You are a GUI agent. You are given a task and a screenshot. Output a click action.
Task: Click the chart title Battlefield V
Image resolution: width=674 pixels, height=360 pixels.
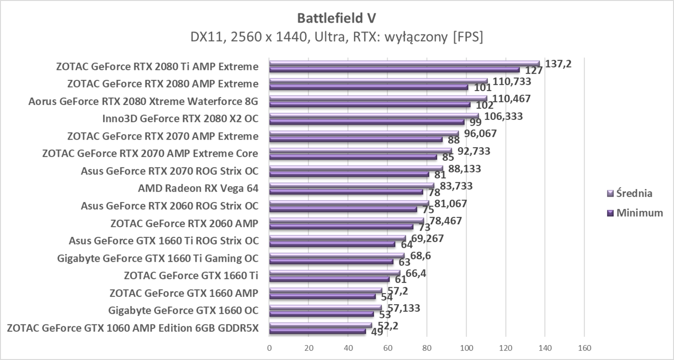(x=337, y=18)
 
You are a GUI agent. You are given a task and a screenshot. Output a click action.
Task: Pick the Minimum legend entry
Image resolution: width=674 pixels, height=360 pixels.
(x=635, y=213)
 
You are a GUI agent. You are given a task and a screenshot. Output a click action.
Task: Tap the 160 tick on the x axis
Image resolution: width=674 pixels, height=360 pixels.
(x=584, y=347)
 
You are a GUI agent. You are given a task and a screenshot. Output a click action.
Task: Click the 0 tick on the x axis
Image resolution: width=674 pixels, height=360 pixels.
(x=269, y=347)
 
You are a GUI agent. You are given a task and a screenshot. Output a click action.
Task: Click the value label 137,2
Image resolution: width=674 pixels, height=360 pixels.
(x=558, y=64)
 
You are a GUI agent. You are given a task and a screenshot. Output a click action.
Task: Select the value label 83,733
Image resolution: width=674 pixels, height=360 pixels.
(x=454, y=186)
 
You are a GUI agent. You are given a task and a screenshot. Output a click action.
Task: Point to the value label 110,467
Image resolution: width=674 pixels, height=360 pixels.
(x=511, y=98)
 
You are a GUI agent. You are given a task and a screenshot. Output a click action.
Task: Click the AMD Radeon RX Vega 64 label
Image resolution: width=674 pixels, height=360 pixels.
(x=198, y=189)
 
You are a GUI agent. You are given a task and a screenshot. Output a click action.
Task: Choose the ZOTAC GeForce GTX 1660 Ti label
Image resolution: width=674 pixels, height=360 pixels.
(x=191, y=275)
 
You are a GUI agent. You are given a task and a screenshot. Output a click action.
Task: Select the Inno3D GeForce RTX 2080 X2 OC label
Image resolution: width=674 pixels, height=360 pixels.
(x=180, y=119)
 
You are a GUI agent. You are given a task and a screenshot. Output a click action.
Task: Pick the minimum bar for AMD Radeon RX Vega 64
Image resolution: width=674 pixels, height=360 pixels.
(x=346, y=192)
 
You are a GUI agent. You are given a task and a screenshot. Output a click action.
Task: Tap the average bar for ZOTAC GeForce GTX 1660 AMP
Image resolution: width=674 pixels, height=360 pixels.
(x=325, y=290)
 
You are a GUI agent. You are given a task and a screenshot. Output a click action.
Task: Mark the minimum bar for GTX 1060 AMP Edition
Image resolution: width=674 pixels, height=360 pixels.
(x=317, y=331)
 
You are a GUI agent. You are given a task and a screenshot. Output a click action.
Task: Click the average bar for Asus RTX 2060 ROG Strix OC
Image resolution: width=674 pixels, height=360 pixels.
(x=349, y=203)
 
